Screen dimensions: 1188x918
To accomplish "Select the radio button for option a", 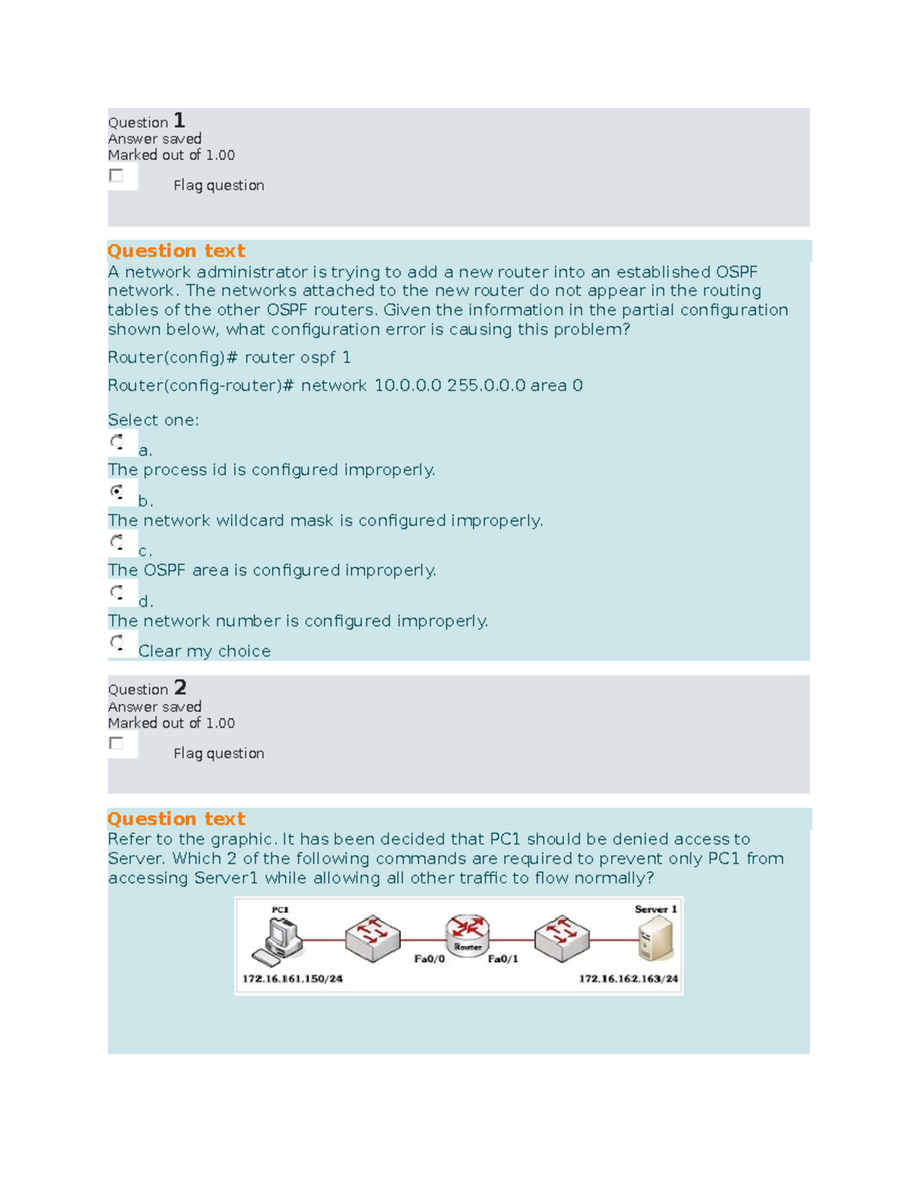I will coord(117,442).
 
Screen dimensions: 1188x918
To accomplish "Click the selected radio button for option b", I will coord(117,492).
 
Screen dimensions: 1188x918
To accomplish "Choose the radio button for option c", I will coord(117,542).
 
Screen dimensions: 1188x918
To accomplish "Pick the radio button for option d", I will coord(117,593).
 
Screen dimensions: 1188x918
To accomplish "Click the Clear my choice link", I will coord(204,651).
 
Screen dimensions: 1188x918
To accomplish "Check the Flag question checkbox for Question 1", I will coord(116,176).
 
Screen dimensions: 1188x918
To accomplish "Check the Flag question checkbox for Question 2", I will coord(116,744).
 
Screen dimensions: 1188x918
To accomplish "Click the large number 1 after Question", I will coord(179,121).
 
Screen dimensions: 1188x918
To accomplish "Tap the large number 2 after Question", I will coord(180,688).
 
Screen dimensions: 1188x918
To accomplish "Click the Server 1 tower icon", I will coord(656,939).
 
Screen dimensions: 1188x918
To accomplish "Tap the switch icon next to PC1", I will coord(373,938).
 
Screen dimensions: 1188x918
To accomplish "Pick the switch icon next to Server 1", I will coord(562,938).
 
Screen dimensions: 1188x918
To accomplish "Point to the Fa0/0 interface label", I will coord(429,959).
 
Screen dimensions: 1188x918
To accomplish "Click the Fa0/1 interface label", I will coord(503,959).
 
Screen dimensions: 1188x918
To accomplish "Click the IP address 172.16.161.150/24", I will coord(292,979).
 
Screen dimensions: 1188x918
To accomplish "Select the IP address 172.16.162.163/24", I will coord(628,979).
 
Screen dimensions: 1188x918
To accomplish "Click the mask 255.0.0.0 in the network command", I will coord(486,386).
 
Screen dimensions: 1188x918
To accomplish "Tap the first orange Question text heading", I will coord(176,251).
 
